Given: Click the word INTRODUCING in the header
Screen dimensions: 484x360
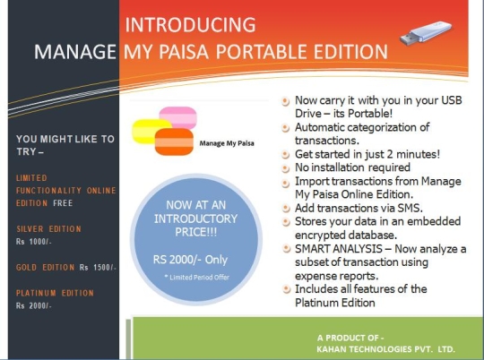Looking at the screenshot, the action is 190,25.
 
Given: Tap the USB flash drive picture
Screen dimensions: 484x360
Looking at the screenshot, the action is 426,33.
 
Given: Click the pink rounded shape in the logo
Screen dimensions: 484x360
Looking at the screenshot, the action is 178,117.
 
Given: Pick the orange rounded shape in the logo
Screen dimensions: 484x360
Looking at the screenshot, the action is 174,141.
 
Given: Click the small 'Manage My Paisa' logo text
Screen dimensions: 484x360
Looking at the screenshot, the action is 227,143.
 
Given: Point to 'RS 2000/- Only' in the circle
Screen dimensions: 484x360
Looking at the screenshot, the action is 190,260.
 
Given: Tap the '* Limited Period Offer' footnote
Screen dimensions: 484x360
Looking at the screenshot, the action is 197,278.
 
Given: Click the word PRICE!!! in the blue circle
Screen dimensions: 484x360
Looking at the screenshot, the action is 196,232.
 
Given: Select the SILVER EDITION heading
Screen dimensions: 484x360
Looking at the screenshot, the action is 48,229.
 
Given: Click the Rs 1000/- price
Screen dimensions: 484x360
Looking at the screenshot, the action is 34,242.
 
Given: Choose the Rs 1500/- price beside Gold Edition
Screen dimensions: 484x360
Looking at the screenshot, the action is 98,268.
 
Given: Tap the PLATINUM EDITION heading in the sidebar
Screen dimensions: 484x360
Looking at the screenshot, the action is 55,293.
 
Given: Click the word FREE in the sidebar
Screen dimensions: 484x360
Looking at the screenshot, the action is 63,203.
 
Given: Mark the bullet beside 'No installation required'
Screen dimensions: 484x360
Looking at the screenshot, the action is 286,168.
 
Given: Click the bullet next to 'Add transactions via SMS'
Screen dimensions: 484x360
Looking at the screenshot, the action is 286,209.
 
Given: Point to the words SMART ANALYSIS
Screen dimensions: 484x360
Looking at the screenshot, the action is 339,249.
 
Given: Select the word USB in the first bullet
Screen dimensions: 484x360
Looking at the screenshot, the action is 452,100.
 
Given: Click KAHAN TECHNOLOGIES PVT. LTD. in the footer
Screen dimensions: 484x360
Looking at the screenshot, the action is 385,349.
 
